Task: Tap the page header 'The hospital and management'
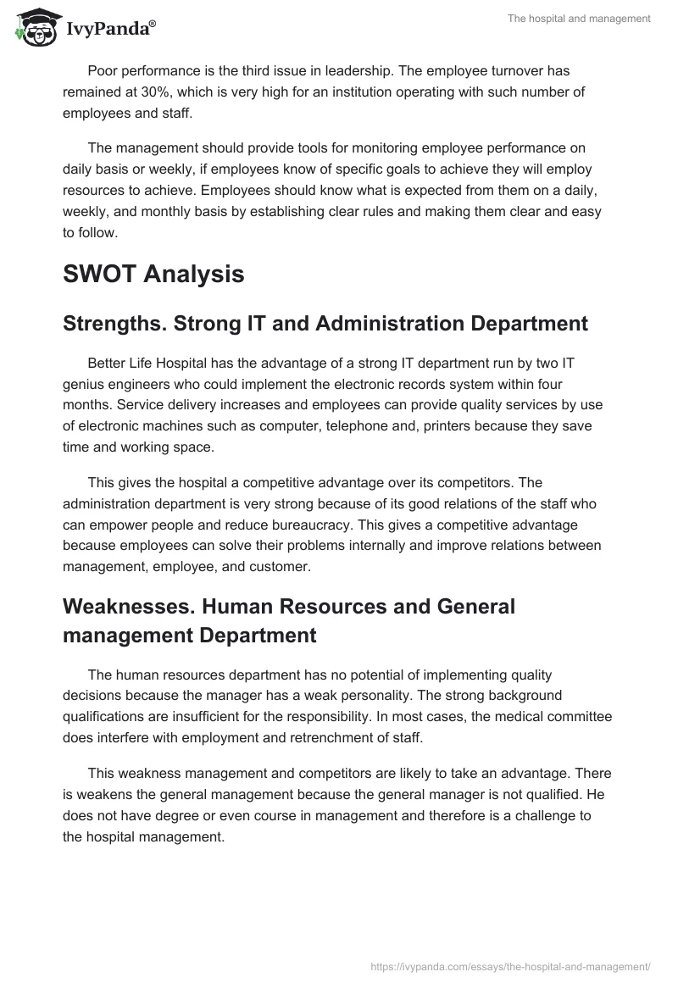click(579, 19)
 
